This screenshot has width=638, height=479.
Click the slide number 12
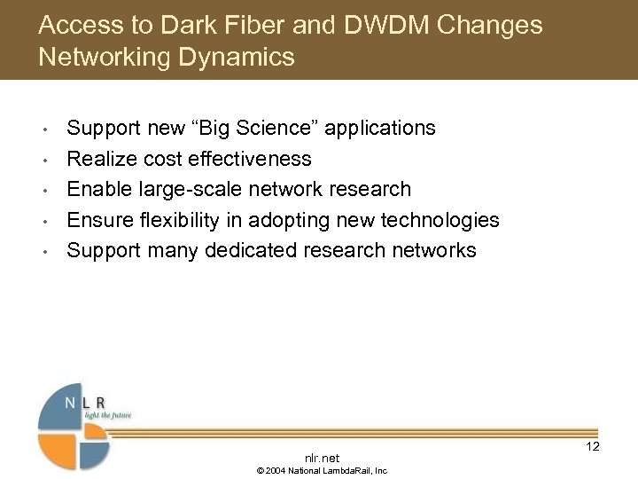point(592,446)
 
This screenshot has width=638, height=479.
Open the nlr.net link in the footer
point(321,457)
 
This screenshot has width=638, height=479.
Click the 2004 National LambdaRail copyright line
point(322,471)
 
